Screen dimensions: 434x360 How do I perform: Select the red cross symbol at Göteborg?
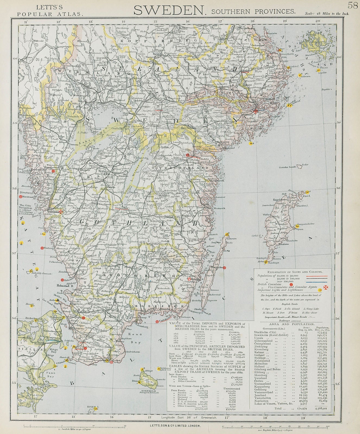coord(62,211)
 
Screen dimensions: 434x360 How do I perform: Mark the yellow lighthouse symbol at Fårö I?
coord(307,192)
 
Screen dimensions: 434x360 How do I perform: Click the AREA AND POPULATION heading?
coord(291,324)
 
